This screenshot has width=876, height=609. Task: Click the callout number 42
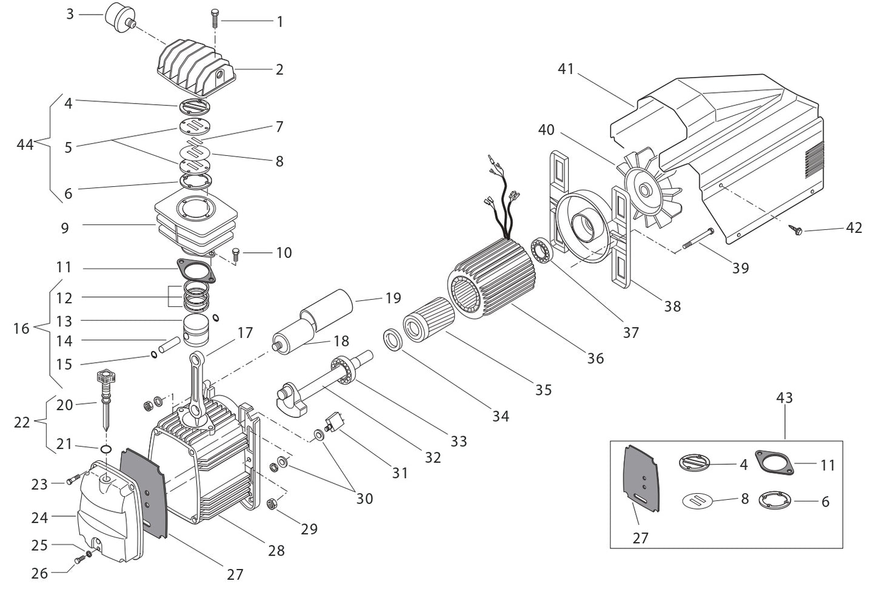click(x=854, y=229)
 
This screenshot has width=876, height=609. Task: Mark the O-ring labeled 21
click(x=106, y=449)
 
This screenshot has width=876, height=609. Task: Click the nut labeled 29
click(x=272, y=503)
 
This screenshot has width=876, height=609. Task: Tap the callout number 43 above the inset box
click(x=784, y=398)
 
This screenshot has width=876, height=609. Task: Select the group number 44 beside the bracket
click(x=25, y=144)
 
